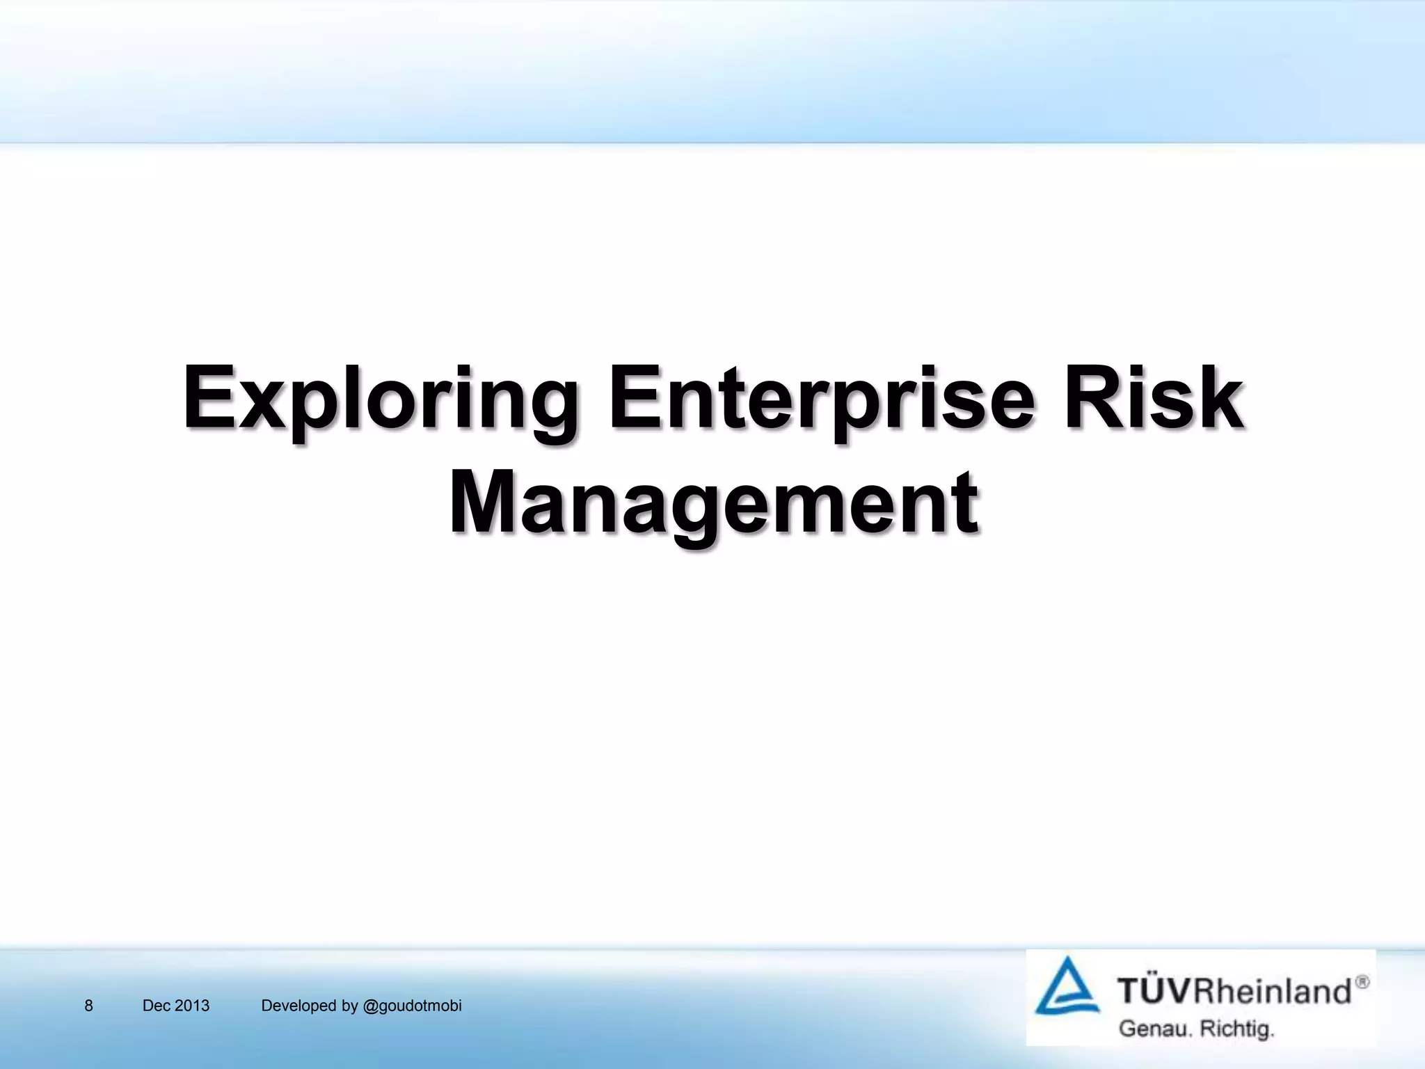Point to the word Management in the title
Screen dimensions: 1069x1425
(x=715, y=502)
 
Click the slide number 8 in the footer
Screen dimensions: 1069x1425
(x=88, y=1006)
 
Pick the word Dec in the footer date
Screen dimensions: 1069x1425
(x=157, y=1006)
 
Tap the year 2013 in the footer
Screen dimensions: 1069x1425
(x=192, y=1006)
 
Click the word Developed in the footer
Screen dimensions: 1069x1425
(x=298, y=1006)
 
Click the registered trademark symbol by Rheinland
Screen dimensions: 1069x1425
(x=1362, y=982)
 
